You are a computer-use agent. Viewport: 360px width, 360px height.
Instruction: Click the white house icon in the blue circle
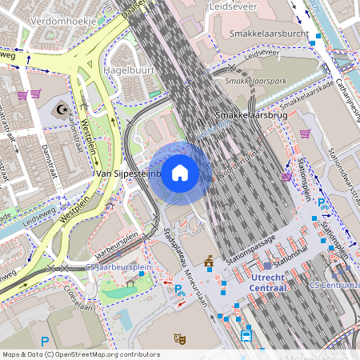(180, 173)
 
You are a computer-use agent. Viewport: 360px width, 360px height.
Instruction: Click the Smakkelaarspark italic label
(255, 81)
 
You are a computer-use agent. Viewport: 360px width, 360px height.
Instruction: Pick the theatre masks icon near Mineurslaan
(181, 338)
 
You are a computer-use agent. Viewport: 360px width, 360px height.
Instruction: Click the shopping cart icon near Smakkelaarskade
(305, 134)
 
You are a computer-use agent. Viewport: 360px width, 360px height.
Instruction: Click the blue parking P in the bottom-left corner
(46, 341)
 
